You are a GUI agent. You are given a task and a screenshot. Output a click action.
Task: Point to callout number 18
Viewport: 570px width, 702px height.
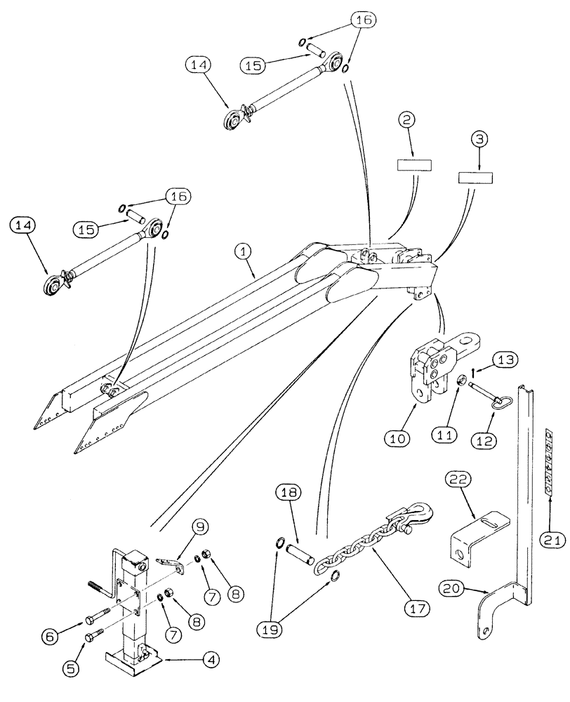point(285,494)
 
